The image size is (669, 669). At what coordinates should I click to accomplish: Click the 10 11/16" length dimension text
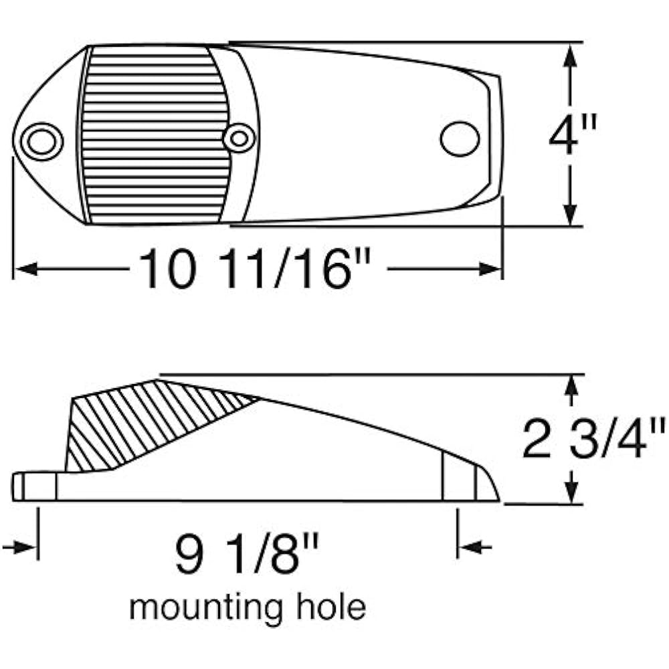[x=255, y=270]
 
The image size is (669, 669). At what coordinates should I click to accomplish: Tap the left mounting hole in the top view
[x=41, y=141]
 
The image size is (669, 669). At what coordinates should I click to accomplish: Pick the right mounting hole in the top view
[x=460, y=139]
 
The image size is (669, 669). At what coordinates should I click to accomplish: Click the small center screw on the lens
[x=239, y=138]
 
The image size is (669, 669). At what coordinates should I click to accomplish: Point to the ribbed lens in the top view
[x=155, y=135]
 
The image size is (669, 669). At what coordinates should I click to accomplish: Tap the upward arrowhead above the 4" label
[x=570, y=56]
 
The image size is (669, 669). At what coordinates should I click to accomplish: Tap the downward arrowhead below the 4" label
[x=570, y=213]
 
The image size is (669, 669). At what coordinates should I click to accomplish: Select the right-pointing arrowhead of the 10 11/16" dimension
[x=490, y=269]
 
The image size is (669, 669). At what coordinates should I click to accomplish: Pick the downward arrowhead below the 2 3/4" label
[x=571, y=492]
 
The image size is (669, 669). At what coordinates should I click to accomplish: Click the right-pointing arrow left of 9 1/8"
[x=19, y=547]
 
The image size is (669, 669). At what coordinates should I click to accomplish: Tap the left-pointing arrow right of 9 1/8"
[x=474, y=547]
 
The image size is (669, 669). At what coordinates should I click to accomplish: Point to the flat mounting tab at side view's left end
[x=34, y=486]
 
